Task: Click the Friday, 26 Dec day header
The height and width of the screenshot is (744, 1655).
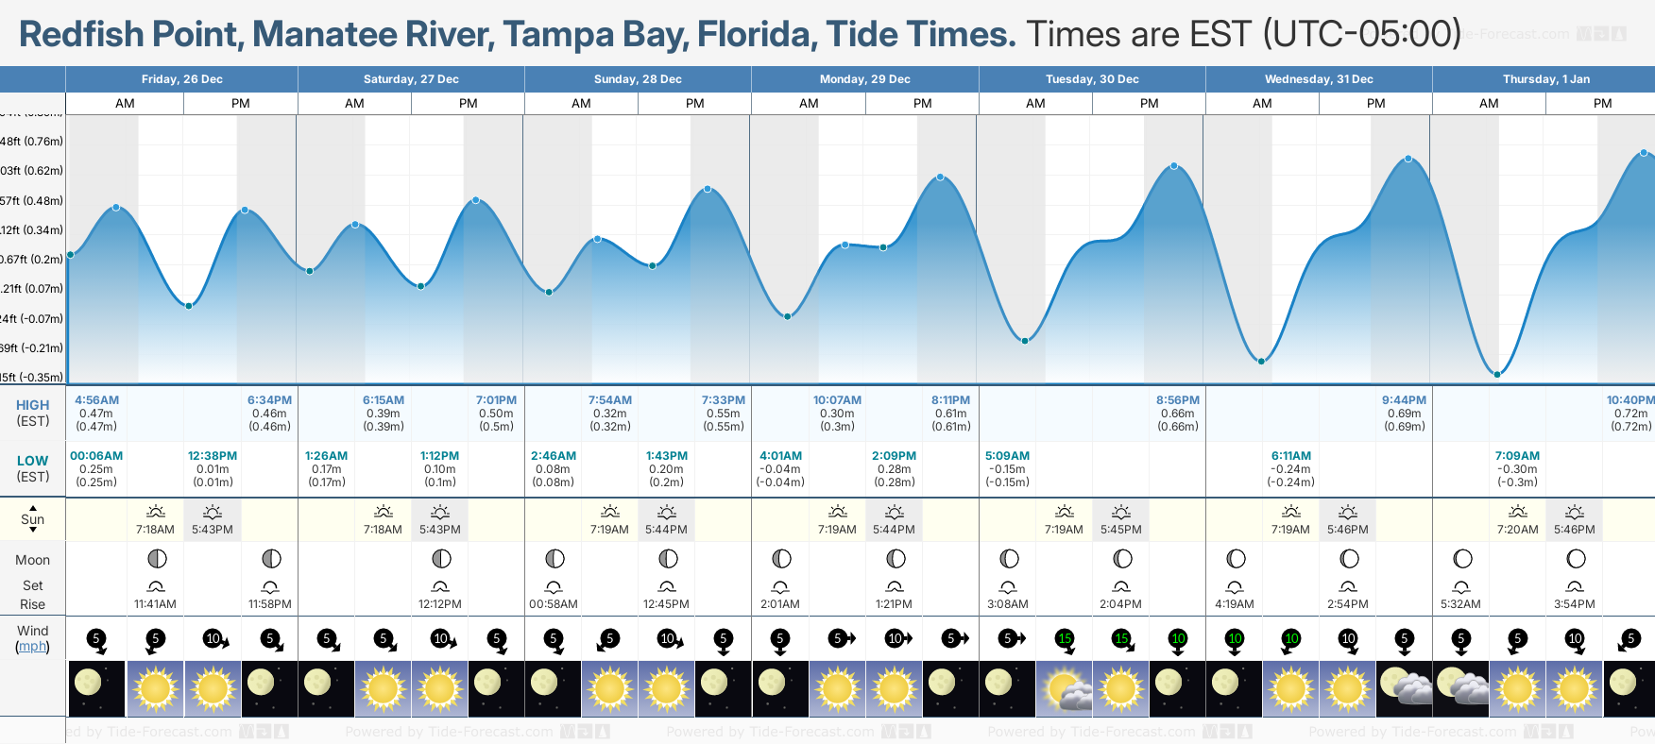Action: coord(181,79)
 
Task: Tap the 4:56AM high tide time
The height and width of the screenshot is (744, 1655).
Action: coord(96,400)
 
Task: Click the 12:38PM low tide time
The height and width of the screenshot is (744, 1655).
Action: coord(213,456)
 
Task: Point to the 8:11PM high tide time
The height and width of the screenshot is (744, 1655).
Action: coord(950,400)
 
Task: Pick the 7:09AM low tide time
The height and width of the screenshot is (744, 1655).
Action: coord(1517,456)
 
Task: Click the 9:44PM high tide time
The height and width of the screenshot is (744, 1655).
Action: coord(1404,400)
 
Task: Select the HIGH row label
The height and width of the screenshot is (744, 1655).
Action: coord(32,405)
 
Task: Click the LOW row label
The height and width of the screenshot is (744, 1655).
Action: coord(32,461)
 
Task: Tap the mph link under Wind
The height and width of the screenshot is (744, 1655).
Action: coord(32,647)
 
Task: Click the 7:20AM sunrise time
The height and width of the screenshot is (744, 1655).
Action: coord(1517,530)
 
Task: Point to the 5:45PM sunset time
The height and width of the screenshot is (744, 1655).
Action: coord(1120,530)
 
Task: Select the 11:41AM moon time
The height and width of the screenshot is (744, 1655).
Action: coord(155,604)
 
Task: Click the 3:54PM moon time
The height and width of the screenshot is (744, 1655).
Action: coord(1574,604)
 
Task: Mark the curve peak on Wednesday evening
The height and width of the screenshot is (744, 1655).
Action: coord(1408,159)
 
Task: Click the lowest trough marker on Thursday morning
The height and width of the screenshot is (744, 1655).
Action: coord(1497,375)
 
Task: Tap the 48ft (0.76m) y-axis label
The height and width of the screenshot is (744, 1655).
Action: coord(32,142)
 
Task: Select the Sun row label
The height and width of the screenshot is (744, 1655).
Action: coord(32,519)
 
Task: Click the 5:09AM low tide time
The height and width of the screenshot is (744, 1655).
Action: coord(1007,456)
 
